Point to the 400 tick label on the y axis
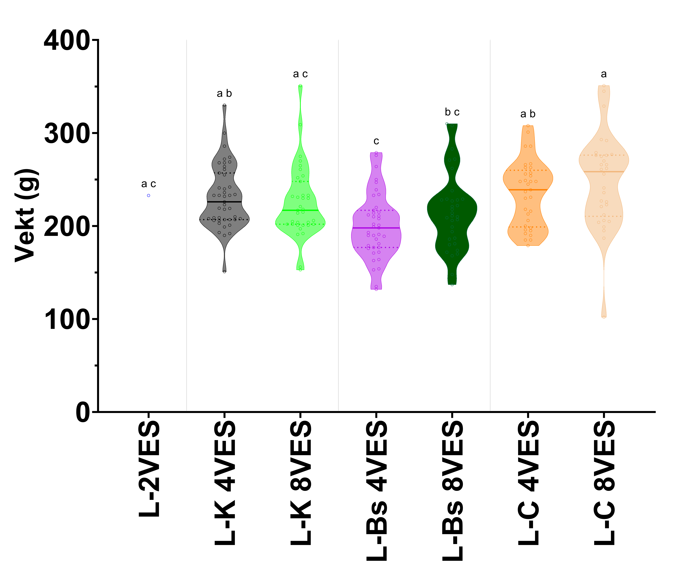point(67,41)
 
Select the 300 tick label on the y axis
point(67,134)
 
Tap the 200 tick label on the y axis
point(67,227)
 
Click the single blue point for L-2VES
point(148,196)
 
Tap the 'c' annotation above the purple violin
point(376,141)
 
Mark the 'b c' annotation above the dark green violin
point(452,112)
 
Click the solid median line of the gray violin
point(224,202)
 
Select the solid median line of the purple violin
point(376,228)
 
